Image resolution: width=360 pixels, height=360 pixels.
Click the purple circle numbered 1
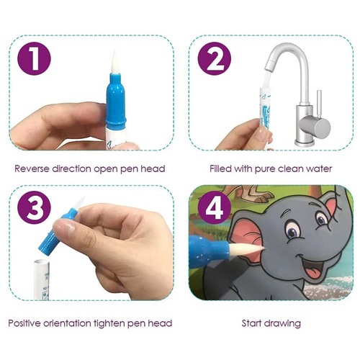coord(34,58)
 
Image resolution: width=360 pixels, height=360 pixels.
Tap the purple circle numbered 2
coord(214,58)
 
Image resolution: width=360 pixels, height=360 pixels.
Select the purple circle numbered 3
coord(35,207)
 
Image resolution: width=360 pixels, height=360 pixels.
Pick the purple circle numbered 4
coord(215,207)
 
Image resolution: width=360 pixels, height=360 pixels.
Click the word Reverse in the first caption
coord(32,168)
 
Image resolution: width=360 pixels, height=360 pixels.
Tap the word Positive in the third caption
coord(24,323)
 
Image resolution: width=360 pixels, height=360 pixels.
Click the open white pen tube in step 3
coord(41,279)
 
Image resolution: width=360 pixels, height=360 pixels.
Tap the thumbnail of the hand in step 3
coord(63,227)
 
